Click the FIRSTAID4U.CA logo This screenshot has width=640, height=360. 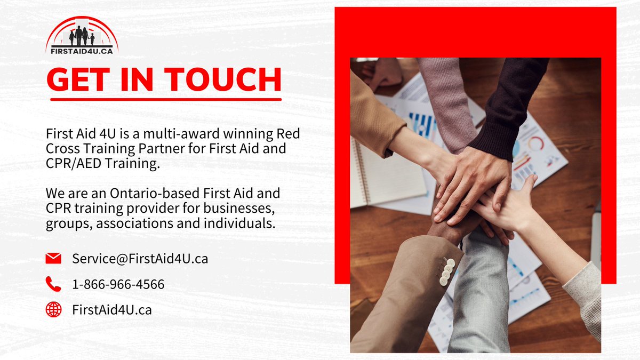click(82, 35)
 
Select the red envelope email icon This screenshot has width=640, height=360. click(53, 259)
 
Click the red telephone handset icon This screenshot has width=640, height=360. click(53, 284)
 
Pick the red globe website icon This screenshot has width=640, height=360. click(53, 309)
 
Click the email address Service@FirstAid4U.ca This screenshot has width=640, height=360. click(140, 259)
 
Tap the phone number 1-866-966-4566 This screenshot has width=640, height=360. click(118, 284)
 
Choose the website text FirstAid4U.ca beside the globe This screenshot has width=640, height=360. click(112, 309)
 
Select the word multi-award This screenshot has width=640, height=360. click(162, 133)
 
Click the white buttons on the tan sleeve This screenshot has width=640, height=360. click(447, 271)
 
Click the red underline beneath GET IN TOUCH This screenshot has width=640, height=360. click(164, 99)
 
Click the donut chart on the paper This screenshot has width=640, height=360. click(535, 144)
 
